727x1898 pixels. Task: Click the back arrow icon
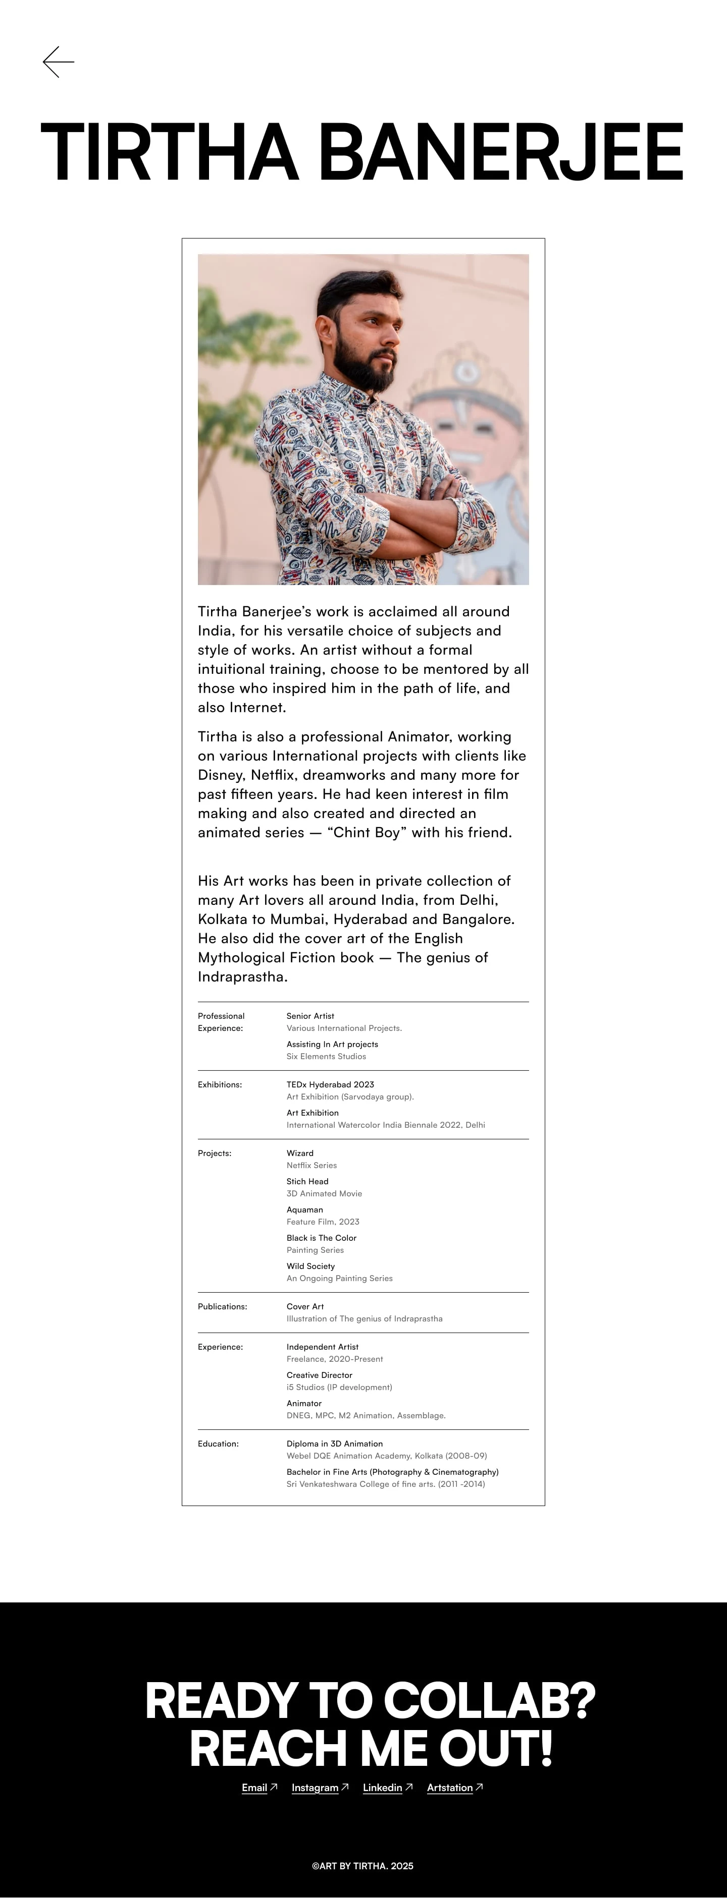[x=58, y=62]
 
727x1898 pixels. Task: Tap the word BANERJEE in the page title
[x=501, y=152]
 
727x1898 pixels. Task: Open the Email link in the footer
[x=254, y=1788]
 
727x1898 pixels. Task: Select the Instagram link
[x=315, y=1788]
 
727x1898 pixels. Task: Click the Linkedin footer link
[x=382, y=1788]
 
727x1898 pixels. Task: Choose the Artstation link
[x=450, y=1788]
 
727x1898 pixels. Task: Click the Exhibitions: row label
[x=220, y=1084]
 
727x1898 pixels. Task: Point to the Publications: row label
[x=222, y=1306]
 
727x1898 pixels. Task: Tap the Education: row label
[x=218, y=1444]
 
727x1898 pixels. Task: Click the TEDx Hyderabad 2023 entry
[x=330, y=1084]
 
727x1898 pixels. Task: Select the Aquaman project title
[x=304, y=1210]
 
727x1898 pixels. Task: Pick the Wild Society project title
[x=310, y=1266]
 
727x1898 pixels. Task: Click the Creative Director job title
[x=319, y=1375]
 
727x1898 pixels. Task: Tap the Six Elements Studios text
[x=326, y=1057]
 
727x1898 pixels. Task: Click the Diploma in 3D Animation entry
[x=335, y=1444]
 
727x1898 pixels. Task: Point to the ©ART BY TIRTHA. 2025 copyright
[x=363, y=1866]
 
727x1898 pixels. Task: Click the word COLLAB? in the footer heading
[x=489, y=1701]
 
